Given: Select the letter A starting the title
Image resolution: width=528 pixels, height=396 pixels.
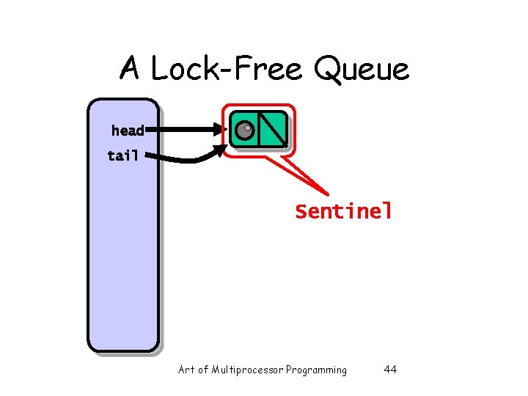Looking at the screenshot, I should [130, 70].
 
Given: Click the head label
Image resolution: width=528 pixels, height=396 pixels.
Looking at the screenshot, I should [128, 131].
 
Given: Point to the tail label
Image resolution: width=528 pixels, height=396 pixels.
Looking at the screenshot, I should [122, 155].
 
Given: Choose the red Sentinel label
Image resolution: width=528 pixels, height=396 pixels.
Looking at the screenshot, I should [344, 212].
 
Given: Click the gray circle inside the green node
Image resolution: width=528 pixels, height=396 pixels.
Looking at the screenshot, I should [244, 131].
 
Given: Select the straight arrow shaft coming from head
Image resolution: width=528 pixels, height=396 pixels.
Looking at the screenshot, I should [183, 131].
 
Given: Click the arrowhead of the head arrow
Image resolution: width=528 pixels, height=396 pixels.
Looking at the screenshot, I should [222, 131].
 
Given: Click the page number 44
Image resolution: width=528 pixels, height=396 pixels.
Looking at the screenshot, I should [390, 370].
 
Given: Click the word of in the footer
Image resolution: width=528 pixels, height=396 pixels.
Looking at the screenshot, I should [203, 370].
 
